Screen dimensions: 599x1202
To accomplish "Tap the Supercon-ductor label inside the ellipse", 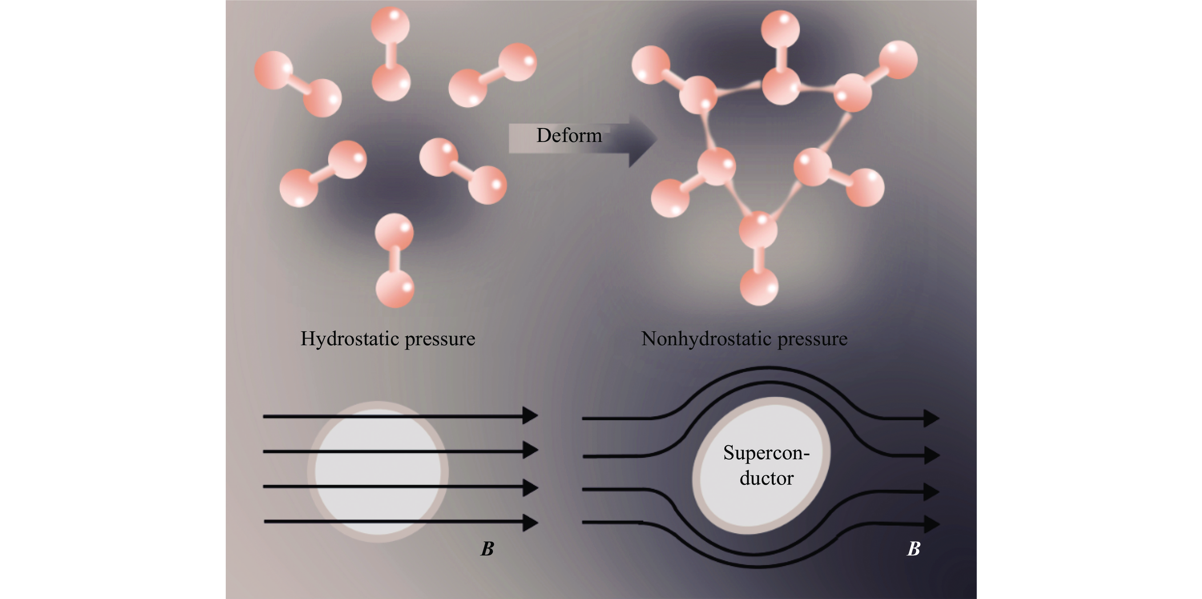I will point(766,465).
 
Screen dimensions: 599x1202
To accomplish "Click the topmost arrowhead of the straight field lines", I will point(530,415).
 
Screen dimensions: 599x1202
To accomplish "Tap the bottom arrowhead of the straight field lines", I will point(530,522).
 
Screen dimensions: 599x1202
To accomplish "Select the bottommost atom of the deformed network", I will point(759,286).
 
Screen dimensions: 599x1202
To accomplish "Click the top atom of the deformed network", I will point(780,29).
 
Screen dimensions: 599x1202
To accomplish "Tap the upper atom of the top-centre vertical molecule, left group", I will point(390,26).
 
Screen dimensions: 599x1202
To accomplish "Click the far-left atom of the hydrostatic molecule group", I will point(273,70).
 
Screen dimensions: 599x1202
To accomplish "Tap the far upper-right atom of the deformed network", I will point(898,60).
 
